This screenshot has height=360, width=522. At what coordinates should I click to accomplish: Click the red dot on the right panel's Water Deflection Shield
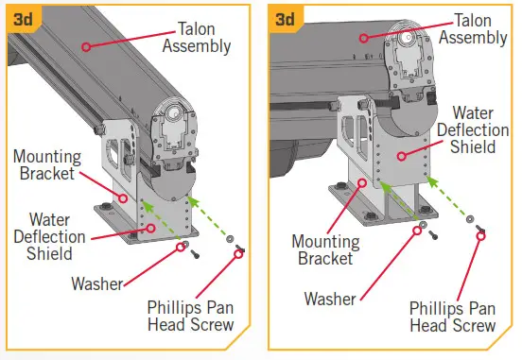tap(402, 154)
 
